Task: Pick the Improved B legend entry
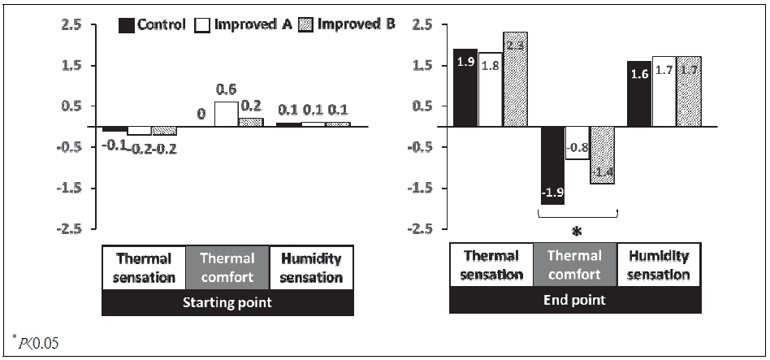coord(344,24)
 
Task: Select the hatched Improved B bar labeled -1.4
coord(602,155)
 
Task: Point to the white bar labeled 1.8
coord(490,90)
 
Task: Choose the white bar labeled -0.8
coord(577,143)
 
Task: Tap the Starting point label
coord(227,302)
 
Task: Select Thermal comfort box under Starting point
coord(227,267)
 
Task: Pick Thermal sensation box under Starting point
coord(144,267)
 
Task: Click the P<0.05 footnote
coord(36,342)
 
